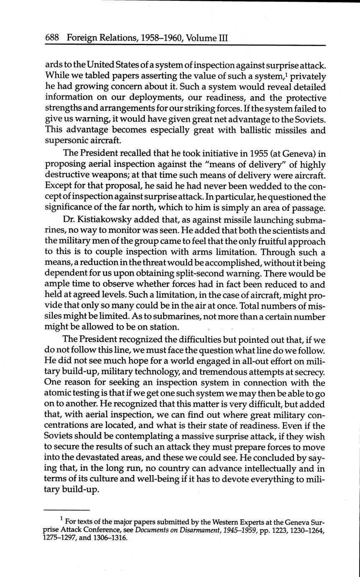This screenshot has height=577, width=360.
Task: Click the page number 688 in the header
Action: [x=53, y=38]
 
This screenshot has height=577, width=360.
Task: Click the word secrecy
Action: [x=310, y=372]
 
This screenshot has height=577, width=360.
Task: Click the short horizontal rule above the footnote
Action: [x=67, y=510]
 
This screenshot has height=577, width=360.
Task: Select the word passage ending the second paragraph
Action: [x=307, y=207]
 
